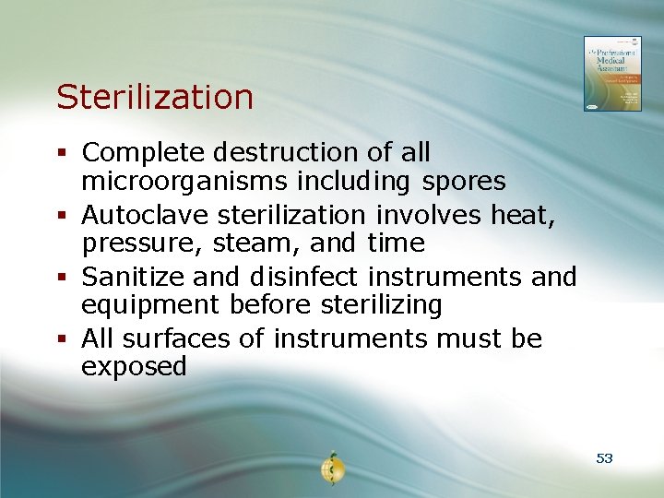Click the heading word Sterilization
[154, 97]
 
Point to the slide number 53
[604, 458]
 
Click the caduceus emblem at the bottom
[332, 469]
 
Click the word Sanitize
[136, 277]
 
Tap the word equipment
[148, 305]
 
